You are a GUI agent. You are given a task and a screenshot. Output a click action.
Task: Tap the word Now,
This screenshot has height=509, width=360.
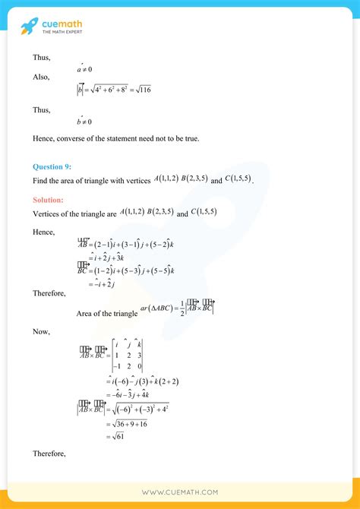[42, 331]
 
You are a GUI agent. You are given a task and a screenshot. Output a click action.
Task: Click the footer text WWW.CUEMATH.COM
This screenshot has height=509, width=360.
[178, 492]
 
